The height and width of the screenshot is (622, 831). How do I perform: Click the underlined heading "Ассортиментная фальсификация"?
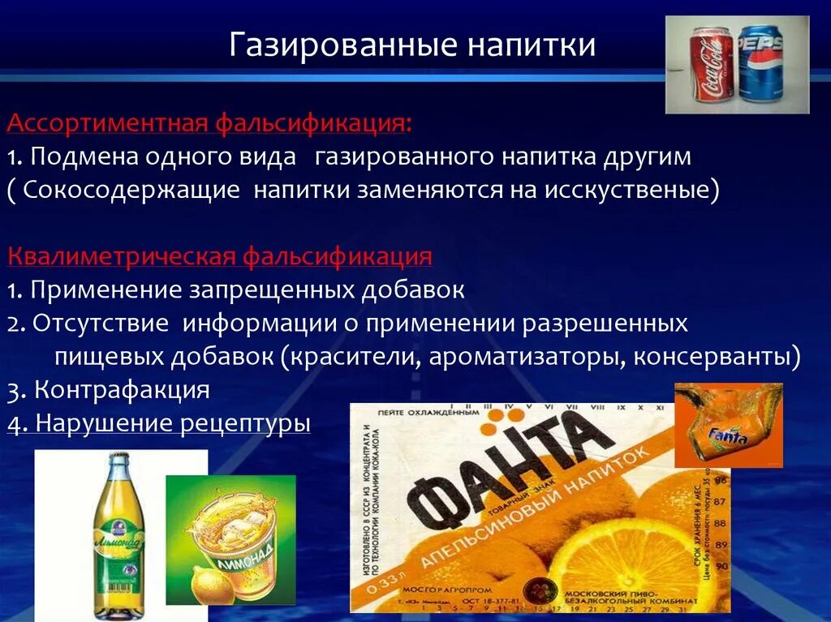208,124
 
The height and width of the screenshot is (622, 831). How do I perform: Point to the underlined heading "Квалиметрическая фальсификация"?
219,257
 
